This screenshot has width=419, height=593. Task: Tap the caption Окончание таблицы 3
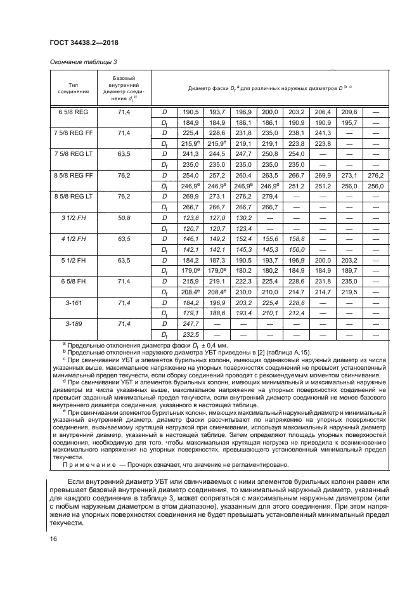(x=82, y=62)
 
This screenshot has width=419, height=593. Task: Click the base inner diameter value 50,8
(x=124, y=218)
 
